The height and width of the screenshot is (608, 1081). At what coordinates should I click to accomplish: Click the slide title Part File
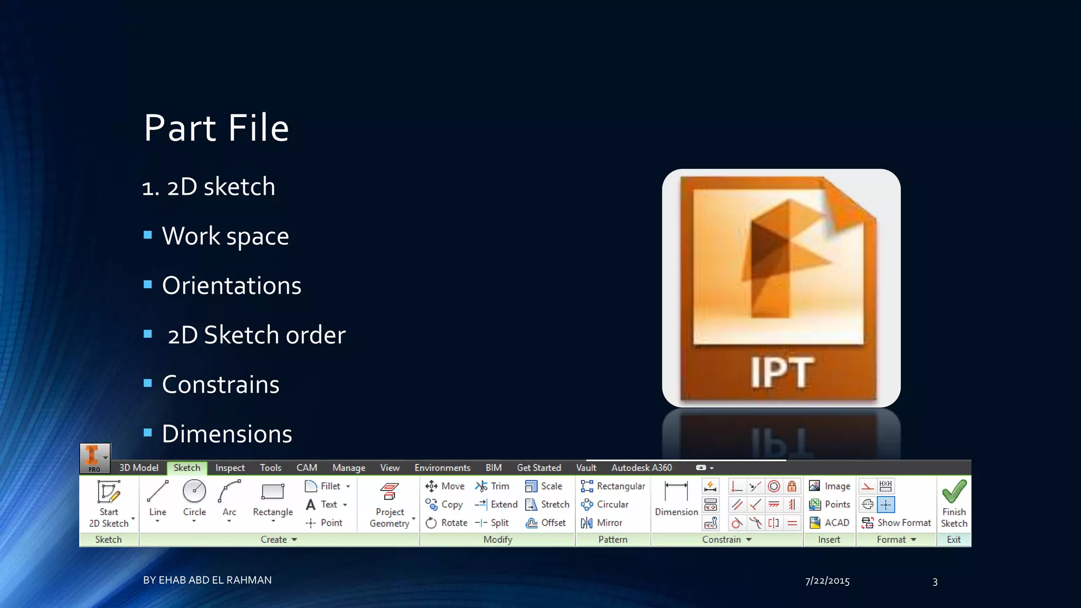(216, 128)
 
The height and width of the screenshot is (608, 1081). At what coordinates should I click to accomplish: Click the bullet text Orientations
(231, 286)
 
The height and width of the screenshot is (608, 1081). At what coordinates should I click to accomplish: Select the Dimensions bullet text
(226, 434)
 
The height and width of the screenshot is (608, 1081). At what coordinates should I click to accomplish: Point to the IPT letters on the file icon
(782, 373)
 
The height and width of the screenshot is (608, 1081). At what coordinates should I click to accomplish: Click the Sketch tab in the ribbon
(187, 468)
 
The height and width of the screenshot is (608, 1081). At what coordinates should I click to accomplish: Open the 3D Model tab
(139, 468)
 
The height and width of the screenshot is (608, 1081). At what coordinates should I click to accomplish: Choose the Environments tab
(442, 468)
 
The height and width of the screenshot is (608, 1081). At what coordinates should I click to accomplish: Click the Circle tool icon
(194, 491)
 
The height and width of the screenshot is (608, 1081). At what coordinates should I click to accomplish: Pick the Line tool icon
(157, 491)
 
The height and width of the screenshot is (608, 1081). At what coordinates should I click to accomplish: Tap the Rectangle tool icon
(272, 492)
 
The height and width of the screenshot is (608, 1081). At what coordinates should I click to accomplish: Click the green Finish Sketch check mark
(954, 491)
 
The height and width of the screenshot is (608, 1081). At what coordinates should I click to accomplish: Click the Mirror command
(602, 522)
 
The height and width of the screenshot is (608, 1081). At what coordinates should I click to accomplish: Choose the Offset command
(546, 522)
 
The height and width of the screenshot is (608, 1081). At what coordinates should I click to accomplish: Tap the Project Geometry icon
(390, 492)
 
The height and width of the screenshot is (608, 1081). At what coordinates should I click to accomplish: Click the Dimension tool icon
(676, 492)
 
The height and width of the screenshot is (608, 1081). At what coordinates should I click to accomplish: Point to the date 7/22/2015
(827, 581)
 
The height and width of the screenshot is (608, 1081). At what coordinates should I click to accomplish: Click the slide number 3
(935, 582)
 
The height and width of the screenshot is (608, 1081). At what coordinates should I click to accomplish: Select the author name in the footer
(207, 580)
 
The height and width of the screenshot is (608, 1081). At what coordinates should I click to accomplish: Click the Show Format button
(897, 522)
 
